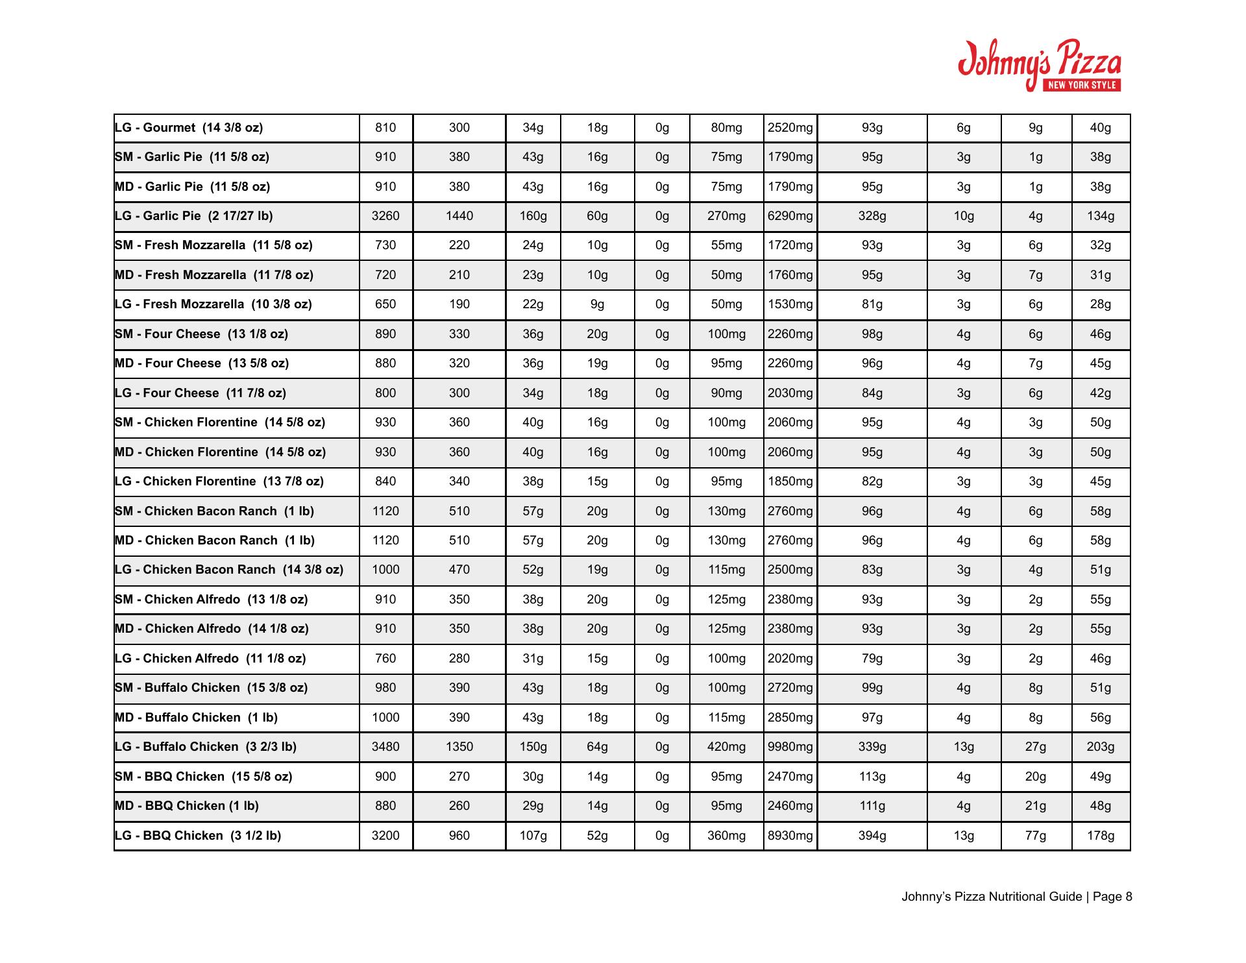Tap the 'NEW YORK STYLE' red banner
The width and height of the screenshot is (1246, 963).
[1082, 85]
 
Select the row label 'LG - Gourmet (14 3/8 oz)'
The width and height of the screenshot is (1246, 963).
[189, 128]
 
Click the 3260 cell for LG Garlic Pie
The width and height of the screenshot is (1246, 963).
[385, 216]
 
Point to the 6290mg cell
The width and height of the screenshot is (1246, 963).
[790, 216]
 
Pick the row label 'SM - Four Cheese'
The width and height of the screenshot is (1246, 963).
[201, 334]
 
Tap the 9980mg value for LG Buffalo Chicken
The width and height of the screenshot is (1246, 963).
[790, 747]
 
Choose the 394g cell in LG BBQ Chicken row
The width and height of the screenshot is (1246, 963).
[872, 836]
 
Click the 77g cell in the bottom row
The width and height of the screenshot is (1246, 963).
[1035, 836]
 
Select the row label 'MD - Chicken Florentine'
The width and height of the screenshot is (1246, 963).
[220, 452]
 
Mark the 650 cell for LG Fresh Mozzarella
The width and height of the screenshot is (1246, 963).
[385, 304]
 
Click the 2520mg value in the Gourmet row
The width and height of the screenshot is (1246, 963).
[790, 128]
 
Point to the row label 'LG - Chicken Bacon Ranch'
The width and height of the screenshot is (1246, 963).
[228, 570]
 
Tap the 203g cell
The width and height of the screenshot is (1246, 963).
[1100, 747]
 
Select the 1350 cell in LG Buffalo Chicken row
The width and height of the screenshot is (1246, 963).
[459, 747]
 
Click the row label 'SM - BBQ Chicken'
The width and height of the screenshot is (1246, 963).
[203, 777]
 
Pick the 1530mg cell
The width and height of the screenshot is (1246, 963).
[790, 304]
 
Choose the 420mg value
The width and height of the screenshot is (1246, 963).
[726, 747]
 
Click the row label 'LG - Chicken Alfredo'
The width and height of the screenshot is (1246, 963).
[210, 659]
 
